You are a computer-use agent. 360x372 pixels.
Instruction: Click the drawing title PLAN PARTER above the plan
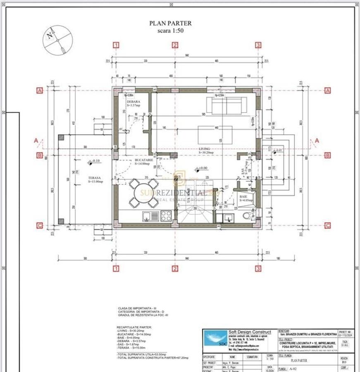[x=170, y=24]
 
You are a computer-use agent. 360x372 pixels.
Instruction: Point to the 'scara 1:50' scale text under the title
[x=170, y=31]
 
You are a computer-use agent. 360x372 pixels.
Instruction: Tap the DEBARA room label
[x=134, y=102]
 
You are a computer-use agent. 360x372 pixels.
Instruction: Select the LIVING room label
[x=204, y=148]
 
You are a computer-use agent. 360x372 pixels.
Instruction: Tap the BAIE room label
[x=244, y=197]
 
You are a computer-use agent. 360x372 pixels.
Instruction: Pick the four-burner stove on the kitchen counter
[x=166, y=215]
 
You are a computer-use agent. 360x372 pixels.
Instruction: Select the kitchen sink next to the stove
[x=148, y=215]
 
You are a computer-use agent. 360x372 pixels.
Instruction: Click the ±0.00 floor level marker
[x=201, y=168]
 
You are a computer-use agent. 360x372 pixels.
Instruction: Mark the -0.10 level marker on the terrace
[x=94, y=161]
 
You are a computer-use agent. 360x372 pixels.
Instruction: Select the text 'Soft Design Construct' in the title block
[x=250, y=332]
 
